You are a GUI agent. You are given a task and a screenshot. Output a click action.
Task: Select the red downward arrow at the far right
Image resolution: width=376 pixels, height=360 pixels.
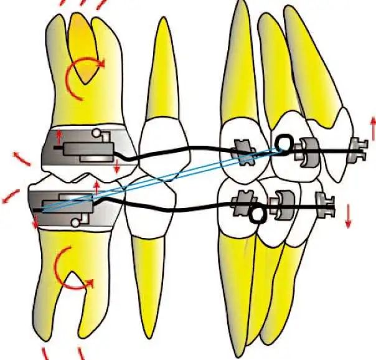(x=348, y=216)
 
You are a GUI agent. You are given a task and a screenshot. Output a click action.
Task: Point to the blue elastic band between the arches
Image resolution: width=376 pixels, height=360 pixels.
(x=162, y=178)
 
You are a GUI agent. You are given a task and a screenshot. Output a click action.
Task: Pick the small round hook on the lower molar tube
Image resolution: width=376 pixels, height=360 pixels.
(x=77, y=221)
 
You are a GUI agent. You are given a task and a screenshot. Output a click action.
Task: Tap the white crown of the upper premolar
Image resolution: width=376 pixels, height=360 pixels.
(x=161, y=140)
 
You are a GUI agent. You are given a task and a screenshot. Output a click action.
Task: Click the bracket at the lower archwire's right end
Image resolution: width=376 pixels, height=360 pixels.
(x=324, y=203)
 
